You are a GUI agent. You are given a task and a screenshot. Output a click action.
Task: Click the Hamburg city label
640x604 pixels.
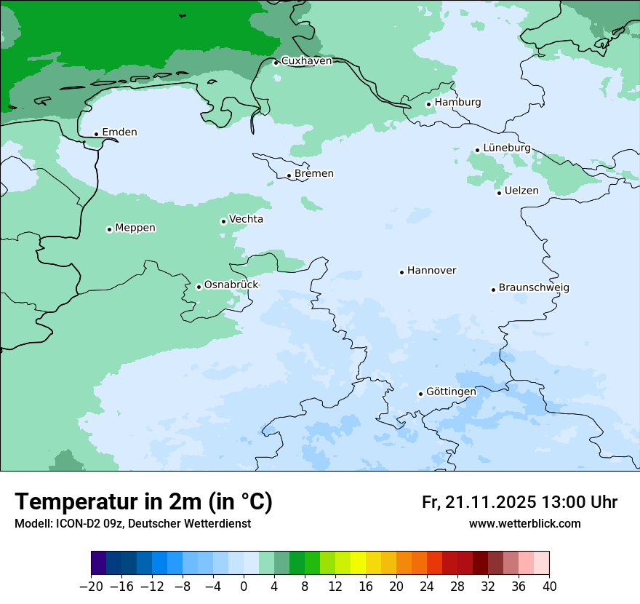click(457, 103)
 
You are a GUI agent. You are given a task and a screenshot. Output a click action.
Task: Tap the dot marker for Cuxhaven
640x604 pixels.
click(276, 63)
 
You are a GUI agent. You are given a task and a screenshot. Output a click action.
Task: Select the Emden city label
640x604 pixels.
click(119, 132)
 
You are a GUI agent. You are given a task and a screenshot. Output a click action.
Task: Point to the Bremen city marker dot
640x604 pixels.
click(289, 175)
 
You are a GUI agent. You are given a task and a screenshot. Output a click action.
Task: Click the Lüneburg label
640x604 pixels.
click(507, 148)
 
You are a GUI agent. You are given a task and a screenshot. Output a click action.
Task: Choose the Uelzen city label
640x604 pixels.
click(521, 191)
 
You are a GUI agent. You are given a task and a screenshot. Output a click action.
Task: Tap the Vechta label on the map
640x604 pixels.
click(246, 219)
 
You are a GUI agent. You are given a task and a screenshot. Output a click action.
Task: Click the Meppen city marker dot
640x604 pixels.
click(109, 229)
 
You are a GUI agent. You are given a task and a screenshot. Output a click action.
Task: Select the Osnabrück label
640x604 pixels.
click(231, 285)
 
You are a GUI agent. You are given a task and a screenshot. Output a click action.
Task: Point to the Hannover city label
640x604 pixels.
click(431, 271)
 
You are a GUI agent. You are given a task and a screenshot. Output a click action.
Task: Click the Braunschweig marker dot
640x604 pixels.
click(493, 290)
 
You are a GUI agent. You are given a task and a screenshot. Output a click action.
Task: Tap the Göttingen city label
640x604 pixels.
click(451, 392)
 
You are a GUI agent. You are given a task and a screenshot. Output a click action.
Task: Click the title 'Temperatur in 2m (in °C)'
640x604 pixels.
click(143, 502)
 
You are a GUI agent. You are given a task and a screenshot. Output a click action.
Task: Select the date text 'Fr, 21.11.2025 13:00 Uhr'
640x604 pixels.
click(519, 502)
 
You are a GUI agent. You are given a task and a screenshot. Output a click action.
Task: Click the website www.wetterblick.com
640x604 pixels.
click(524, 524)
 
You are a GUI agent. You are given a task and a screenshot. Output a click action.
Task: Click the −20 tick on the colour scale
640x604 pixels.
click(92, 587)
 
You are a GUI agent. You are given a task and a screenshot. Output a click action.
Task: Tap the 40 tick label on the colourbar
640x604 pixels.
click(549, 587)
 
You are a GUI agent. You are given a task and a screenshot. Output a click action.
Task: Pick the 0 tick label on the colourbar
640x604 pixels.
click(244, 587)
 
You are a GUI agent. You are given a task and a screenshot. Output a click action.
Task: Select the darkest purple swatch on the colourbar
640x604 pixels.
click(99, 563)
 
